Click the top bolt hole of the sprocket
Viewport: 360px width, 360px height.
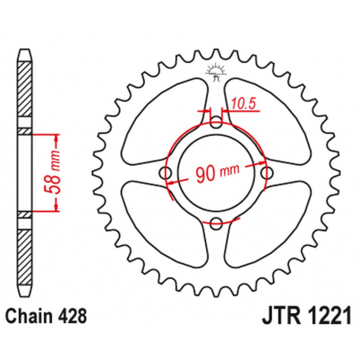(216, 122)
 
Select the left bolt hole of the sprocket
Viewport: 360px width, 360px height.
(166, 172)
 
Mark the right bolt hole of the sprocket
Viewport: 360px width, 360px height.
(266, 172)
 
